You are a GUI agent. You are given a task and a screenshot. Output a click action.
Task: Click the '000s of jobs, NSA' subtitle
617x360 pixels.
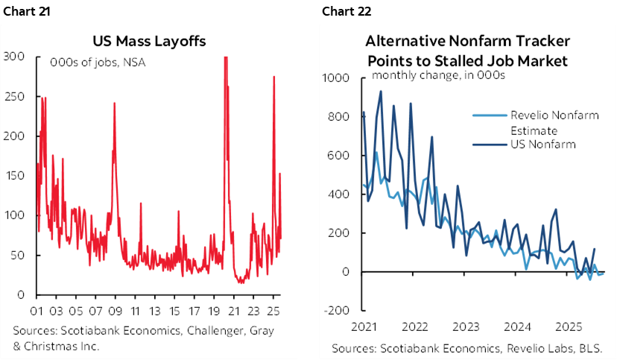(97, 62)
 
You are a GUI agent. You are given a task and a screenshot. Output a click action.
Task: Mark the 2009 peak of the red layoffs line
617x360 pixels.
(115, 103)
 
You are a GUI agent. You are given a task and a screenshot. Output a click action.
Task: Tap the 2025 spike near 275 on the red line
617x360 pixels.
(273, 77)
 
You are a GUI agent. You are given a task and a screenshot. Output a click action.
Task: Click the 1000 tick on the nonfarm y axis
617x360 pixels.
(337, 78)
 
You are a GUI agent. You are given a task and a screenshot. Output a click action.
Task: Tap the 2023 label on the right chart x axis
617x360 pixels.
(465, 326)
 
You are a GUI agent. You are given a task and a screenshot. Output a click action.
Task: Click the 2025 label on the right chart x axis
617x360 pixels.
(569, 326)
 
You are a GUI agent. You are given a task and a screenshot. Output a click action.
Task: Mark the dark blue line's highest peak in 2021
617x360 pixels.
(381, 92)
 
